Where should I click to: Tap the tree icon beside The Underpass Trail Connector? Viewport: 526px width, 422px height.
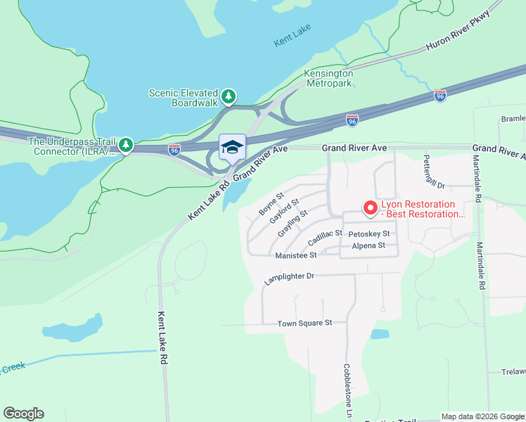[x=126, y=145]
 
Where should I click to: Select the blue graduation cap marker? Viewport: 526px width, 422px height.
[x=232, y=148]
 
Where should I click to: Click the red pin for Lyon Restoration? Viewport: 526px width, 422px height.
[x=368, y=207]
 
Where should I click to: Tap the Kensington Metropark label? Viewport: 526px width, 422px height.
[x=327, y=78]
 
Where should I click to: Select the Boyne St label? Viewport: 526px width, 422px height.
[x=271, y=203]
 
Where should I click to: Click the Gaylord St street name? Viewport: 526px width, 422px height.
[x=285, y=211]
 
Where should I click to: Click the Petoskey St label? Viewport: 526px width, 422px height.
[x=368, y=234]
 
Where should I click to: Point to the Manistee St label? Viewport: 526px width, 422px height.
[x=296, y=255]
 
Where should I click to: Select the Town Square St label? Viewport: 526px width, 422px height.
[x=304, y=323]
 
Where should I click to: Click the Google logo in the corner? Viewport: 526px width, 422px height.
[x=23, y=414]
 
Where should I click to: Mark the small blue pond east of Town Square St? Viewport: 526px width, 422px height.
[x=380, y=334]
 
